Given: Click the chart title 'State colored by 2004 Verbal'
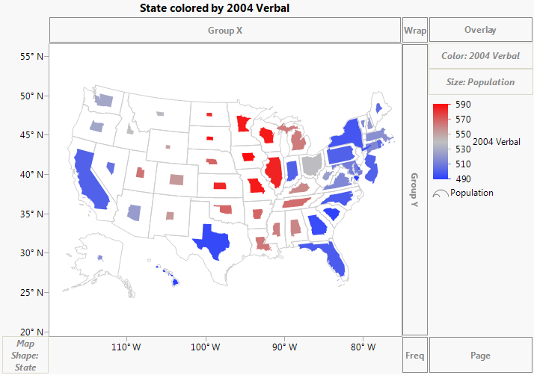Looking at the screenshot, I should point(214,8).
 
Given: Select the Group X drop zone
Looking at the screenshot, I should point(224,31).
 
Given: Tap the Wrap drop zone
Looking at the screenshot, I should point(415,31).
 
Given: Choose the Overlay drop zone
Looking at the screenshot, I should point(480,31).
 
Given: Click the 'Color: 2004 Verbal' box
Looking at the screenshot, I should point(480,56).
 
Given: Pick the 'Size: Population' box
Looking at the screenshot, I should point(480,81).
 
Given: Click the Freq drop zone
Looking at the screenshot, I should point(415,356).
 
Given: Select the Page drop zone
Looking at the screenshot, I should point(480,356).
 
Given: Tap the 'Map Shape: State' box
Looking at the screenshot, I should point(25,356).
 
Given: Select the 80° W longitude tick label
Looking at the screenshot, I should point(362,347).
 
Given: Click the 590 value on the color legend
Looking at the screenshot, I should point(463,105).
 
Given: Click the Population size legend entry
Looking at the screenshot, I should point(471,193).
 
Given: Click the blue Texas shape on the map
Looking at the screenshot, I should point(212,242).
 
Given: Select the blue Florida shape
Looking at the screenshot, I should point(334,258).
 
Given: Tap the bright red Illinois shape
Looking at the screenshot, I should point(274,173).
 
